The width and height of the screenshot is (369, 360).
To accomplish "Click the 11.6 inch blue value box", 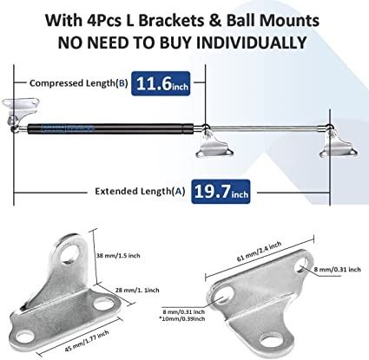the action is click(161, 83).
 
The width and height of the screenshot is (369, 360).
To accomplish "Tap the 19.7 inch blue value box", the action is click(221, 192).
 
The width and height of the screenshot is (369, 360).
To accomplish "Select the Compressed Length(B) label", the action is click(78, 83).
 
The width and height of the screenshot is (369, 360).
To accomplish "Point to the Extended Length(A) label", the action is click(140, 191).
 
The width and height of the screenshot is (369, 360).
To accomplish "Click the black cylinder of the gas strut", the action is click(110, 128).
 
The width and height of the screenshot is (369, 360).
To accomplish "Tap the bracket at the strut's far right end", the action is click(338, 144).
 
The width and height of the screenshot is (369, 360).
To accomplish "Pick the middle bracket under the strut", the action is click(214, 144).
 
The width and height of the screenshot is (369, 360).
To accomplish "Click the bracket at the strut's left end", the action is click(21, 110).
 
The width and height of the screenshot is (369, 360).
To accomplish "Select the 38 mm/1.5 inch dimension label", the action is click(118, 256).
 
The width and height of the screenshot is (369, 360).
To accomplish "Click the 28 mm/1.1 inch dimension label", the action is click(137, 290).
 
